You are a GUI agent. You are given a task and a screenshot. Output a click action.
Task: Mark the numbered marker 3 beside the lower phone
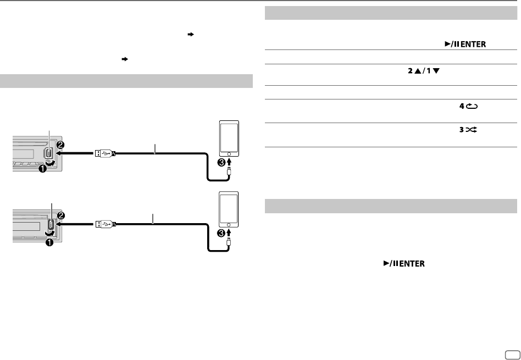point(221,232)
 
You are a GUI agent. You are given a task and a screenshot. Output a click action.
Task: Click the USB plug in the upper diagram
point(106,153)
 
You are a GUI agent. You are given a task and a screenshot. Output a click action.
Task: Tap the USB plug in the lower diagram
point(106,224)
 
